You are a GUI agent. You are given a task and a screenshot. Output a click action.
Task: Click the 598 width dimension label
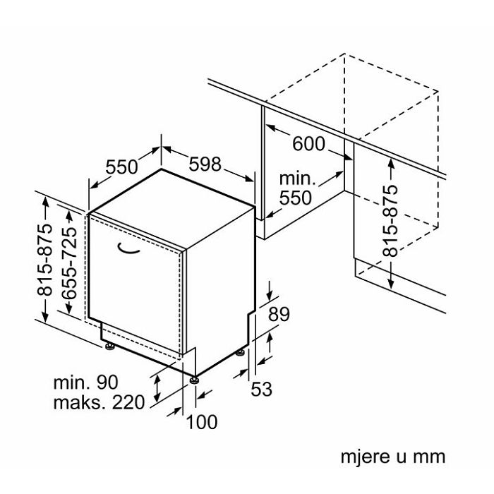(x=205, y=165)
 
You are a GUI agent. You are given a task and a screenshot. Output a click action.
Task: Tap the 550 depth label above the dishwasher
(x=121, y=168)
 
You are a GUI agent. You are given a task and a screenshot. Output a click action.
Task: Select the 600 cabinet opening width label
(x=308, y=144)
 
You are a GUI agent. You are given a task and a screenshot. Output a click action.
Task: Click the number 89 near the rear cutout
(x=279, y=315)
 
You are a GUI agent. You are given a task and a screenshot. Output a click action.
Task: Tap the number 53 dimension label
(x=261, y=388)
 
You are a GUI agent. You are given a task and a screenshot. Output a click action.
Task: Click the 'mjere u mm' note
(x=394, y=456)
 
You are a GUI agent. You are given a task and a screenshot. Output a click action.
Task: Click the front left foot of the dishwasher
(x=111, y=345)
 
